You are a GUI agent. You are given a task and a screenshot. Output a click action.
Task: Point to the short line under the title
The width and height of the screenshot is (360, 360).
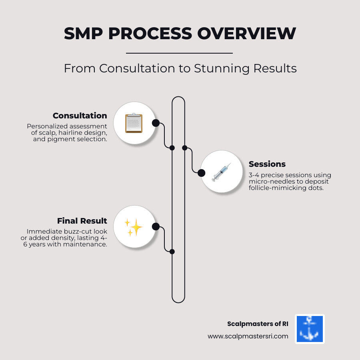(179, 53)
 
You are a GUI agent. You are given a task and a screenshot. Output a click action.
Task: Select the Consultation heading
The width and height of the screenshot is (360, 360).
(80, 116)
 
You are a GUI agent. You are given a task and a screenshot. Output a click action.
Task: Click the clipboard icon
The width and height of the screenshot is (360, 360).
(134, 123)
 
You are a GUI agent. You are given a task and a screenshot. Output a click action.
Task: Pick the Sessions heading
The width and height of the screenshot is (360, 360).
(267, 164)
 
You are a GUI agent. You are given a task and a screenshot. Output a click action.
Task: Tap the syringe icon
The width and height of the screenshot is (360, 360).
(221, 172)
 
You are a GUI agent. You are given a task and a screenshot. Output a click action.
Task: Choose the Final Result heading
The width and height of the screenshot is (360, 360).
(82, 221)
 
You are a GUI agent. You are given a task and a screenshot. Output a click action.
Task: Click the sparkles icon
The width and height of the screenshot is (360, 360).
(134, 227)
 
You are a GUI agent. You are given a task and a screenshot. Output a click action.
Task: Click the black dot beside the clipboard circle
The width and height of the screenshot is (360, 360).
(156, 123)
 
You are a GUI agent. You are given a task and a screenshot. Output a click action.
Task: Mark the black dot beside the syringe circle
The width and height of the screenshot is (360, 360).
(201, 173)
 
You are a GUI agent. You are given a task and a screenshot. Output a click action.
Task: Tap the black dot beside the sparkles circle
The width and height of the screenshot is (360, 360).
(156, 227)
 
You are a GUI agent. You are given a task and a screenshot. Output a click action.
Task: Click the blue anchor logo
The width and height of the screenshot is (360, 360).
(310, 329)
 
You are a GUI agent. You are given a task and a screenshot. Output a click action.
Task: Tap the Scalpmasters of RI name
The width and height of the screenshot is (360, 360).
(258, 324)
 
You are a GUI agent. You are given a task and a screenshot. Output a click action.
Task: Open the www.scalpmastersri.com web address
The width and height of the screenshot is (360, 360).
(248, 336)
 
